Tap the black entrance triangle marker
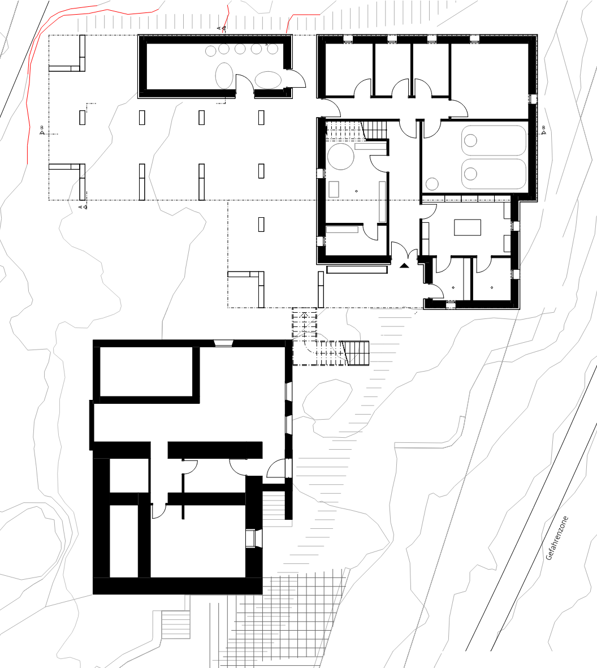(404, 265)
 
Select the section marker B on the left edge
(42, 130)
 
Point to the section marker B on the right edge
(544, 130)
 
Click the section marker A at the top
(222, 28)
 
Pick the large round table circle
(341, 156)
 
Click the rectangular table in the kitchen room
(467, 227)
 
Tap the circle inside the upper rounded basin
(470, 140)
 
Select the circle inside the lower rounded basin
(470, 174)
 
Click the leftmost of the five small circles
(211, 51)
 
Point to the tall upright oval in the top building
(224, 75)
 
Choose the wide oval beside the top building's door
(268, 80)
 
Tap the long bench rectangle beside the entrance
(357, 269)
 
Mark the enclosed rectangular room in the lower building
(146, 372)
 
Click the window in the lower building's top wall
(223, 343)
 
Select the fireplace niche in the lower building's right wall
(253, 538)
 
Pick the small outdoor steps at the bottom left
(175, 624)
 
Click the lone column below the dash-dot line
(261, 224)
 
